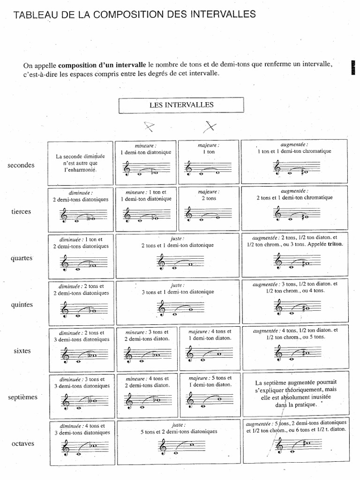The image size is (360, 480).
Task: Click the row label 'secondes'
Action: (x=21, y=165)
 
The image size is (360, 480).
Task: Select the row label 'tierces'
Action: (x=21, y=211)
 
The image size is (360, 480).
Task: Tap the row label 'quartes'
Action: (x=21, y=258)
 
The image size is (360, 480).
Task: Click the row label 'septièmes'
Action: (x=22, y=397)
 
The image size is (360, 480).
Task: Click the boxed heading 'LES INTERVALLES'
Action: (x=181, y=105)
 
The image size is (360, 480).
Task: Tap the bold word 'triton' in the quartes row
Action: (x=335, y=244)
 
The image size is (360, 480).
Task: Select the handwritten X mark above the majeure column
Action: (x=210, y=126)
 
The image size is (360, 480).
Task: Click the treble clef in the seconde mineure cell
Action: (x=127, y=168)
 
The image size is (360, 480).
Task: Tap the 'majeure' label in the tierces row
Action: (x=208, y=192)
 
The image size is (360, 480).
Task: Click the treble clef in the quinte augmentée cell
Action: (x=279, y=307)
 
